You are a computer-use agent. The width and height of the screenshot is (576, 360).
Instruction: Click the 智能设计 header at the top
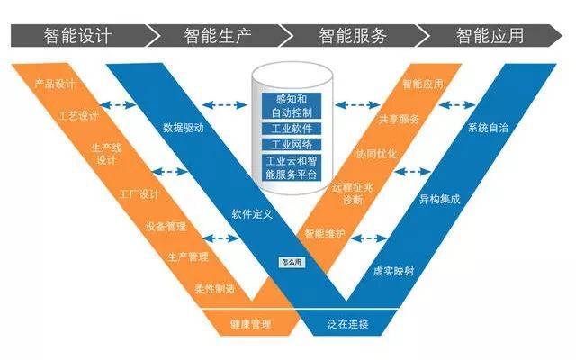click(76, 36)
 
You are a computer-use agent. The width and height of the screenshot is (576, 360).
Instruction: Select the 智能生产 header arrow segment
click(215, 36)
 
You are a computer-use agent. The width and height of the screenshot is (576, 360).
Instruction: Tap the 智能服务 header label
click(353, 36)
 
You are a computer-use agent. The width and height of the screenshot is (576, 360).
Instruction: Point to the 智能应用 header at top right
click(490, 36)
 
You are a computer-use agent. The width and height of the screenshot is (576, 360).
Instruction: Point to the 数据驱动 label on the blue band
click(185, 128)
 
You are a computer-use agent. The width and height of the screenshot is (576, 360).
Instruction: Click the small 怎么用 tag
click(292, 263)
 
